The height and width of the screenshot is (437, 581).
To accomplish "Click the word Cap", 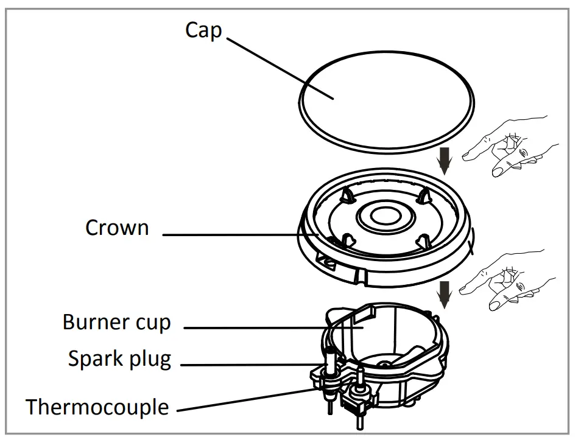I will click(x=203, y=29).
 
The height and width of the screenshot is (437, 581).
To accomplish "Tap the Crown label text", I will click(x=117, y=228).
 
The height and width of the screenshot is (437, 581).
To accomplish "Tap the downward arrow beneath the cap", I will click(x=446, y=161).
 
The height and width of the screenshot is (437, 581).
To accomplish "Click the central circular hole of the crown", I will click(x=386, y=217).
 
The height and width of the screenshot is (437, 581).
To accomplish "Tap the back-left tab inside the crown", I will click(x=348, y=194).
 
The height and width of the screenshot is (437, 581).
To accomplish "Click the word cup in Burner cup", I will click(x=154, y=323).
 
